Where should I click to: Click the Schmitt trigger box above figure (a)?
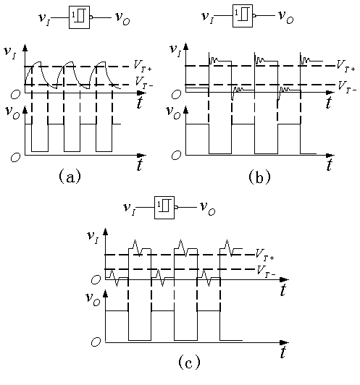coord(79,17)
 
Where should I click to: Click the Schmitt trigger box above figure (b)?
coord(243,16)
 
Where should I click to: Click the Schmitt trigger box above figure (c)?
coord(164,208)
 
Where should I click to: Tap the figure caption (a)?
coord(70,177)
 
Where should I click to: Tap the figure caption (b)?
coord(259,177)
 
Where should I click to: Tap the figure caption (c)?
coord(189,362)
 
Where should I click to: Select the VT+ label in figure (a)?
coord(143,66)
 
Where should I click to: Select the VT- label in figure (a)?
coord(144,82)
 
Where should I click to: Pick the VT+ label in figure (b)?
coord(346,66)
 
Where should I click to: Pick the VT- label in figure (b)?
coord(348,86)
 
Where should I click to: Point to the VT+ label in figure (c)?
coord(264,254)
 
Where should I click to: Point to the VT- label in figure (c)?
coord(266,271)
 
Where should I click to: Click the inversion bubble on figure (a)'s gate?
coord(91,17)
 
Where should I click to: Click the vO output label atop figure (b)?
coord(286,17)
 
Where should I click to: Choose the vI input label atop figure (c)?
coord(129,209)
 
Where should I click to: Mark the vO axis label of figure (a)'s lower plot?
coord(12,112)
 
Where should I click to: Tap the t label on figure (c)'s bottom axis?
coord(283,352)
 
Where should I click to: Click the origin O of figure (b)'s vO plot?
coord(177,155)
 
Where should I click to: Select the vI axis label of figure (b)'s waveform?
coord(176,51)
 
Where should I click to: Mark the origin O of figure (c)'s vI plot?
coord(96,279)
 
